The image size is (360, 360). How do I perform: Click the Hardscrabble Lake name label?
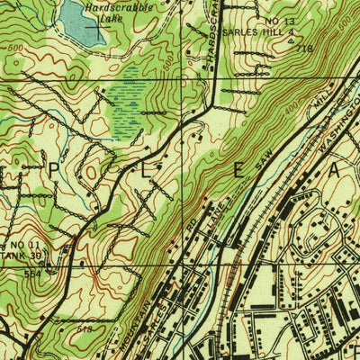[118, 11]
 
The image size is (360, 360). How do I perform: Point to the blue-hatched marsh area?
[130, 103]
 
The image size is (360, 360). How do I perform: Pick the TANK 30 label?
[22, 255]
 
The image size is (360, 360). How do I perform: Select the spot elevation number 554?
[33, 271]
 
